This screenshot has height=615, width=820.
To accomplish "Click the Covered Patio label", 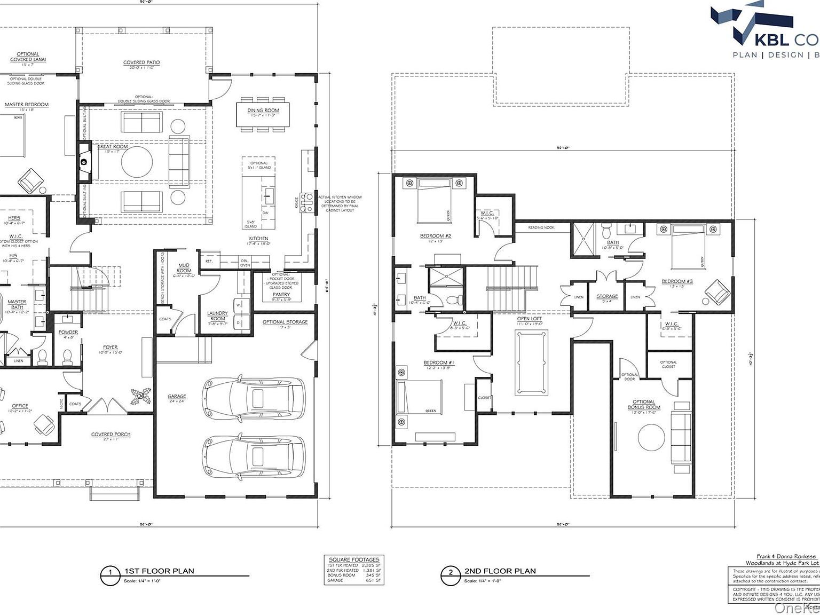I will click(141, 62).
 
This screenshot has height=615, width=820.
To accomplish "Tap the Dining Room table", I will click(263, 114).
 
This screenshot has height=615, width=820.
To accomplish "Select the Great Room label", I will click(113, 147).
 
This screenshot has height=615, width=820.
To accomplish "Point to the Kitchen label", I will click(258, 239).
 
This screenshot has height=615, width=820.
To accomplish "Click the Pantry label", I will click(281, 295).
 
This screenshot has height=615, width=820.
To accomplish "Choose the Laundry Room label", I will click(217, 316).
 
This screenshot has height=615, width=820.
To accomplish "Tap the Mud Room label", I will click(184, 268).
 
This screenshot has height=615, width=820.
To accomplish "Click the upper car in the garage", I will click(254, 399).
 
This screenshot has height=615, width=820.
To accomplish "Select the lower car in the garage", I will click(254, 456).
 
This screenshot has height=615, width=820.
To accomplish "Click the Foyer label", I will click(111, 348).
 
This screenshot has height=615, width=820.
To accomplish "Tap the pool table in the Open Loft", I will click(531, 363).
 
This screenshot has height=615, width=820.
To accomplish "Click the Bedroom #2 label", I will click(436, 236).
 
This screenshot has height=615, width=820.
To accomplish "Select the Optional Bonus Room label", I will click(644, 405).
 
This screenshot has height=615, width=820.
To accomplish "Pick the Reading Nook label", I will click(541, 227).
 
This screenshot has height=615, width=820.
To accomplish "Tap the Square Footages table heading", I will click(354, 559).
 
